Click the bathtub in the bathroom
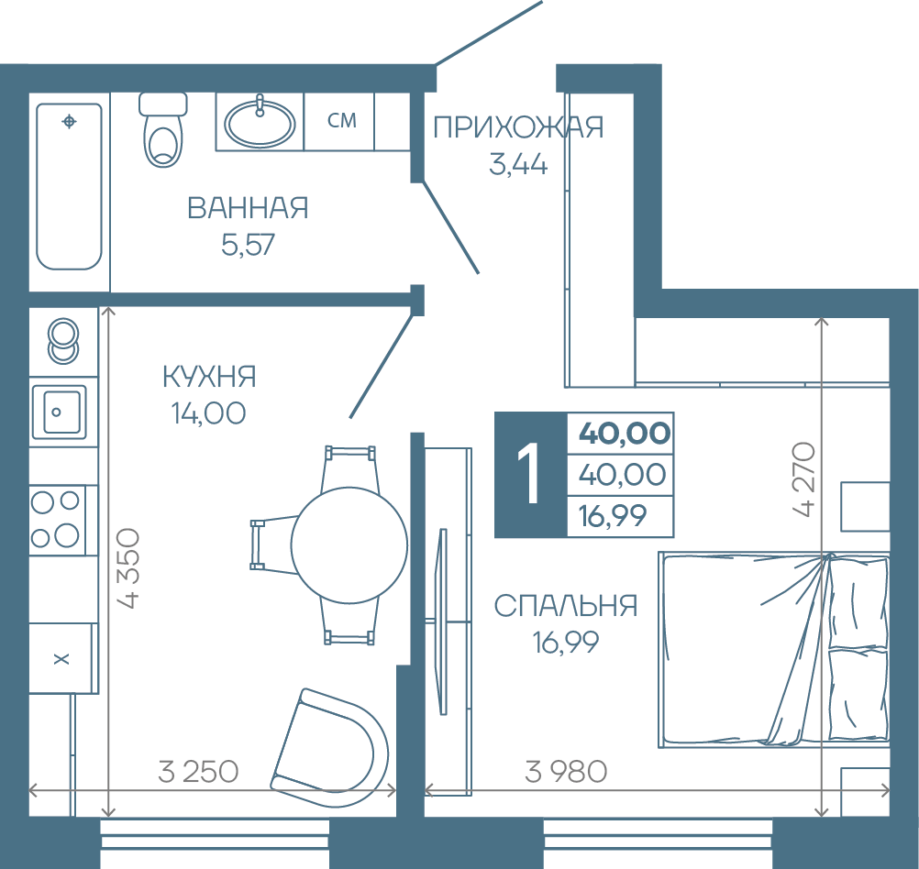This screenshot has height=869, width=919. coord(69,186)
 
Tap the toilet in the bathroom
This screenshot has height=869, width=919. coord(163,129)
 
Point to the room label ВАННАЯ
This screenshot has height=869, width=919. coord(248,208)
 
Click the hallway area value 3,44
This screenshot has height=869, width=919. coord(518,164)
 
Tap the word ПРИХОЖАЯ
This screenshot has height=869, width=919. coord(518,127)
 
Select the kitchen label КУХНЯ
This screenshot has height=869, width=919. coord(209,376)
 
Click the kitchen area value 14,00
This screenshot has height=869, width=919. coord(208,413)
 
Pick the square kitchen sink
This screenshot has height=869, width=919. coord(60,412)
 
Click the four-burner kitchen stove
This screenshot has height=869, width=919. coord(57,520)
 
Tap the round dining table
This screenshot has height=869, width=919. coord(349,545)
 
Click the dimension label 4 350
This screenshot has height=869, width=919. coord(129,568)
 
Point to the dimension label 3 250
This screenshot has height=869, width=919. coord(198,772)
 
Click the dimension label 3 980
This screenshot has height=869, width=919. coord(566,772)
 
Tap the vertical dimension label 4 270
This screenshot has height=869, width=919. coord(804,479)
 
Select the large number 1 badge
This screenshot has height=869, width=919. coord(531,475)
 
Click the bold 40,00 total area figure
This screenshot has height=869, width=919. coord(625,433)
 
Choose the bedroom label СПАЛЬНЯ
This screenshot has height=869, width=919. coord(566,606)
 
